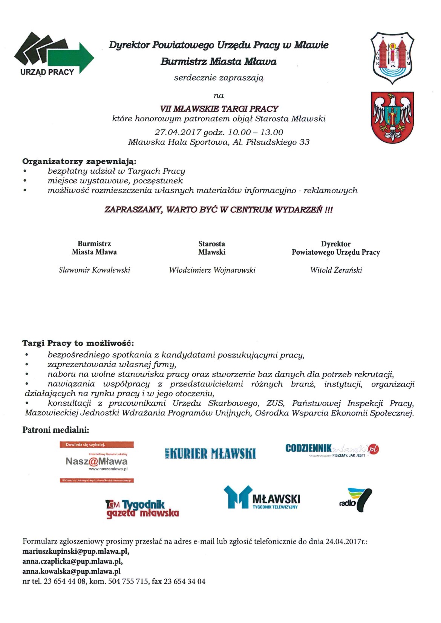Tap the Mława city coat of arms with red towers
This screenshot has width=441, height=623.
392,58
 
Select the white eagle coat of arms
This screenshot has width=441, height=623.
392,117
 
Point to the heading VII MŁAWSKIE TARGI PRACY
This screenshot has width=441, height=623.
219,109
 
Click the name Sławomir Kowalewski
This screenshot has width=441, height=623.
94,270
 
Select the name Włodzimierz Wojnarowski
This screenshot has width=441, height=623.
212,270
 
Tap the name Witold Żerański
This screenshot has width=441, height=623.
336,270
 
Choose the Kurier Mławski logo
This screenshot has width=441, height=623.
210,454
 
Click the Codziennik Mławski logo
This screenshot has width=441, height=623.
332,449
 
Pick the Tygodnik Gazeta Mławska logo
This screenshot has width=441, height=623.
142,509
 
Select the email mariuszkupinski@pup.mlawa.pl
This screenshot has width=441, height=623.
76,551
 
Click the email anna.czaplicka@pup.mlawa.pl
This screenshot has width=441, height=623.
72,561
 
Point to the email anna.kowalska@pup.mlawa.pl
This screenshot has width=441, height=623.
72,571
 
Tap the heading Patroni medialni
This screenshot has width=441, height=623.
56,430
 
